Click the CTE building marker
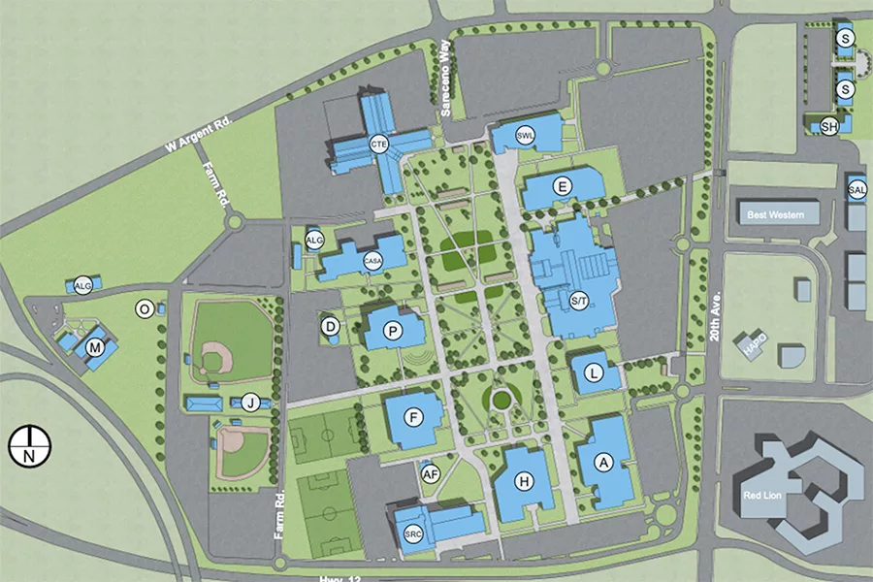(x=379, y=145)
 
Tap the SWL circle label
(x=526, y=135)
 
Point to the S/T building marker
(x=579, y=302)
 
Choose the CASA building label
(x=373, y=260)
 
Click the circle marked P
(x=393, y=331)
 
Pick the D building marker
(x=331, y=327)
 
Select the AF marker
(x=432, y=473)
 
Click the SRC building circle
(x=413, y=534)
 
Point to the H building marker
(x=524, y=481)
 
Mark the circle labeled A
(x=604, y=465)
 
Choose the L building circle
(x=594, y=371)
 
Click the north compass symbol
(x=29, y=447)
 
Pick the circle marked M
(x=95, y=347)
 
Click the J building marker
(x=251, y=403)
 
